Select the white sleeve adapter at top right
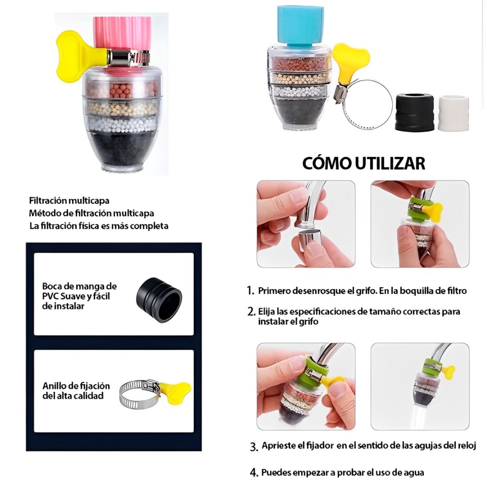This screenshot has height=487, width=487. tap(453, 114)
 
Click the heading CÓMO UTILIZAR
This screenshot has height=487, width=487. tap(364, 163)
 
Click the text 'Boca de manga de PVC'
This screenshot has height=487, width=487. tap(79, 291)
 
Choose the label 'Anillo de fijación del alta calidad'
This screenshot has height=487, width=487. tap(76, 391)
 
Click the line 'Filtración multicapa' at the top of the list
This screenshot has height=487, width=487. tap(69, 200)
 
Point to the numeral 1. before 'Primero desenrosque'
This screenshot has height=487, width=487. tap(251, 291)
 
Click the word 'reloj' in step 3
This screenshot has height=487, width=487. tap(465, 445)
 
